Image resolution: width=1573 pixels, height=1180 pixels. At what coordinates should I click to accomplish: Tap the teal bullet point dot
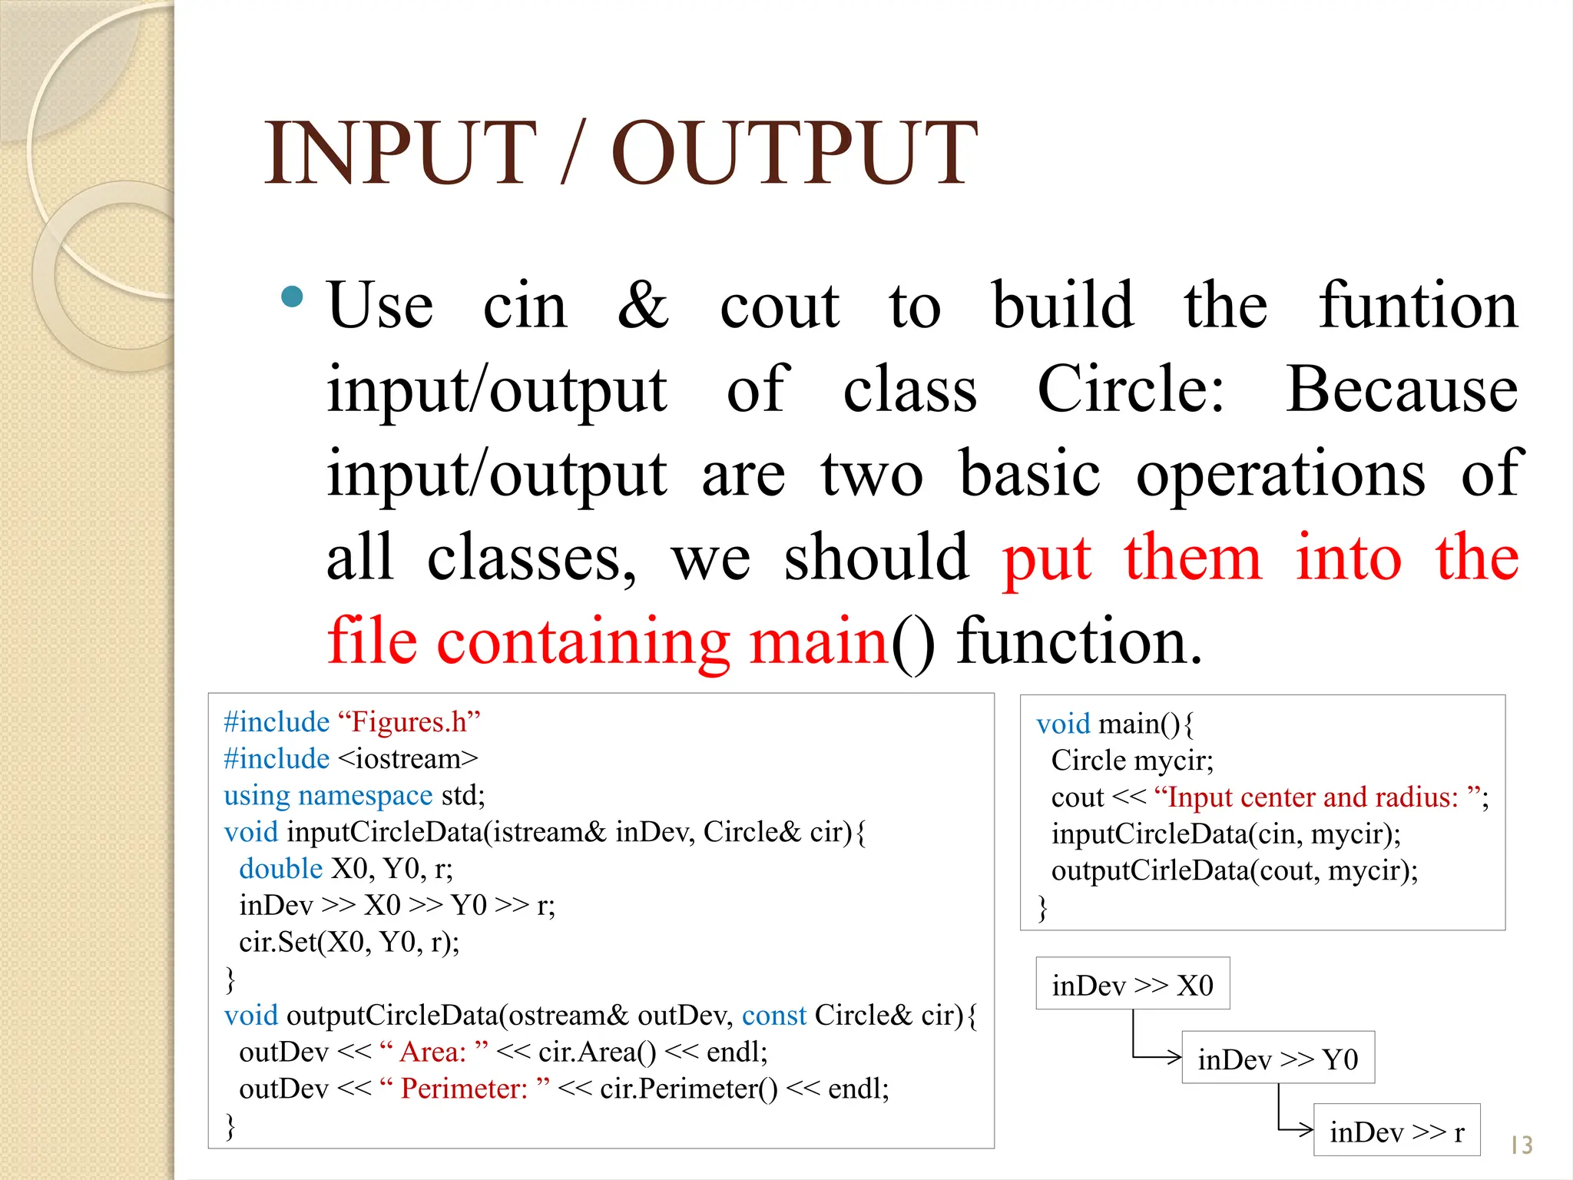pyautogui.click(x=292, y=297)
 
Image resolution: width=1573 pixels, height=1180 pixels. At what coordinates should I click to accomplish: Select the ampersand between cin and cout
pyautogui.click(x=643, y=306)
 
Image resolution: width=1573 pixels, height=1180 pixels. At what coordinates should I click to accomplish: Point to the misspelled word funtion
pyautogui.click(x=1418, y=306)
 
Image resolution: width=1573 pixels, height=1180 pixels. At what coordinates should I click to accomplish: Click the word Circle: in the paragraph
pyautogui.click(x=1130, y=389)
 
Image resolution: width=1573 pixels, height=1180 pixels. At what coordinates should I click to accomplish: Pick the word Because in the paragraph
pyautogui.click(x=1402, y=389)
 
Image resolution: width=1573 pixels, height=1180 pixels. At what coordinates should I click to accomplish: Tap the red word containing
pyautogui.click(x=583, y=641)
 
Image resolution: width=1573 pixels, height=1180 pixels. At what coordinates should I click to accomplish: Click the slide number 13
pyautogui.click(x=1521, y=1145)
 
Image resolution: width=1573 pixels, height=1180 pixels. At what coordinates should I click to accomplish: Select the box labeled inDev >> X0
pyautogui.click(x=1132, y=984)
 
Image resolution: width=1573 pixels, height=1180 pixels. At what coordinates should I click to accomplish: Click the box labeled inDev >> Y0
pyautogui.click(x=1277, y=1059)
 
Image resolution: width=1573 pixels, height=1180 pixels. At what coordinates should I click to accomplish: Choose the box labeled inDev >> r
pyautogui.click(x=1396, y=1131)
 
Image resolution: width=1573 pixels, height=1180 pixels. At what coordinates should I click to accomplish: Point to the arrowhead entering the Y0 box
pyautogui.click(x=1175, y=1057)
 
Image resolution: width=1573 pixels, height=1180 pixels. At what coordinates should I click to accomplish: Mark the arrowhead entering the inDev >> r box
pyautogui.click(x=1307, y=1129)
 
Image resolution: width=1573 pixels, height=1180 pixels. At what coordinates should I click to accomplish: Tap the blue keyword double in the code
pyautogui.click(x=280, y=869)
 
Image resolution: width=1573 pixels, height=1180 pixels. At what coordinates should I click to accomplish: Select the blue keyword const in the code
pyautogui.click(x=773, y=1016)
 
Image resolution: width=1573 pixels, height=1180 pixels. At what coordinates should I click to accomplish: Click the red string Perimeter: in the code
pyautogui.click(x=465, y=1089)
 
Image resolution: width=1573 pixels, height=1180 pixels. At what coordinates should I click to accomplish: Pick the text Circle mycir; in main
pyautogui.click(x=1131, y=761)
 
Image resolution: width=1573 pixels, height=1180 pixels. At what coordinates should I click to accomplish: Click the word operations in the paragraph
pyautogui.click(x=1280, y=474)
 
